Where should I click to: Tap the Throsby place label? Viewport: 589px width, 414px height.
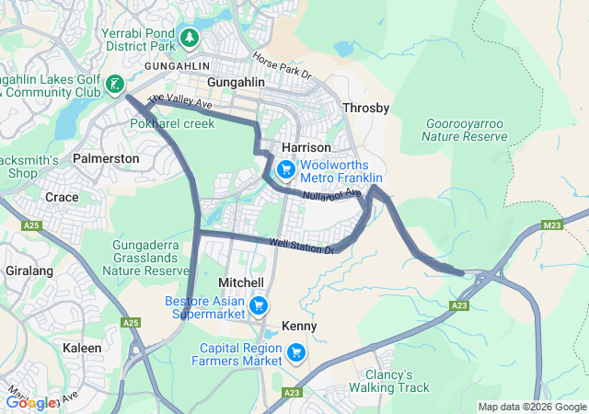pyautogui.click(x=366, y=109)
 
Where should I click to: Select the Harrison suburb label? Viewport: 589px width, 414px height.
pyautogui.click(x=306, y=147)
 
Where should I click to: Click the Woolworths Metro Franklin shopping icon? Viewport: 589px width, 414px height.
pyautogui.click(x=285, y=169)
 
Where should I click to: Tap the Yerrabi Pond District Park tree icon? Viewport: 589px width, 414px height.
pyautogui.click(x=189, y=38)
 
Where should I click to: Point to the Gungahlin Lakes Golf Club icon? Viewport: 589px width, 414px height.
pyautogui.click(x=115, y=86)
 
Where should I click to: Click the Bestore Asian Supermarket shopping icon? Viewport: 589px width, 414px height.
pyautogui.click(x=259, y=305)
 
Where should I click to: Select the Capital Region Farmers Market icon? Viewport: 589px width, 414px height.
pyautogui.click(x=296, y=352)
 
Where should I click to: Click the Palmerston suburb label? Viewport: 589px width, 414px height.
pyautogui.click(x=106, y=158)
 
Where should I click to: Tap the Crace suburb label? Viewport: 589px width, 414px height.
pyautogui.click(x=62, y=197)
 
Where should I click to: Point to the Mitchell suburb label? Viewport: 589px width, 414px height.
pyautogui.click(x=241, y=282)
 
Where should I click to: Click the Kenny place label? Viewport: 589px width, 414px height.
pyautogui.click(x=299, y=327)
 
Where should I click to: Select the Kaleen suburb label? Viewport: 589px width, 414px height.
pyautogui.click(x=83, y=348)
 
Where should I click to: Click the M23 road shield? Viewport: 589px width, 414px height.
pyautogui.click(x=552, y=224)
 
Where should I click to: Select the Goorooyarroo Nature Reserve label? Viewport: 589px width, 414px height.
pyautogui.click(x=465, y=130)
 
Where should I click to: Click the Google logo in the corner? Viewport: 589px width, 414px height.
pyautogui.click(x=29, y=402)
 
